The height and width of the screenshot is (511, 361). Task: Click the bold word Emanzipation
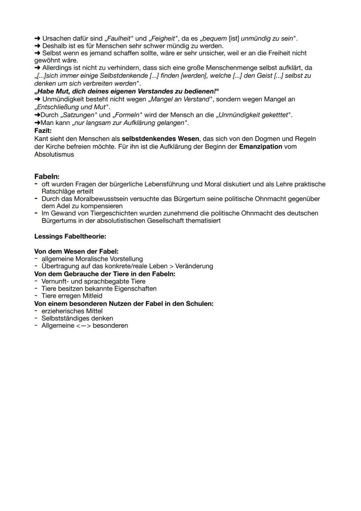(x=260, y=147)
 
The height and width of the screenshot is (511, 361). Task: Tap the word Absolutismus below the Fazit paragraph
(x=54, y=154)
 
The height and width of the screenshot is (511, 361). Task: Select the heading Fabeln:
(x=47, y=177)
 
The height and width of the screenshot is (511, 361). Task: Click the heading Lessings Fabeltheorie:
(x=70, y=237)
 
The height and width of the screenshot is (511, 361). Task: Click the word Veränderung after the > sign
(x=194, y=266)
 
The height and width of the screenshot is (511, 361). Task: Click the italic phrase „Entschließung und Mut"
(x=72, y=107)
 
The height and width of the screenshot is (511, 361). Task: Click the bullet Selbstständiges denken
(x=77, y=318)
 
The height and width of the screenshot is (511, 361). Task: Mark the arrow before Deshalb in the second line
(x=37, y=46)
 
